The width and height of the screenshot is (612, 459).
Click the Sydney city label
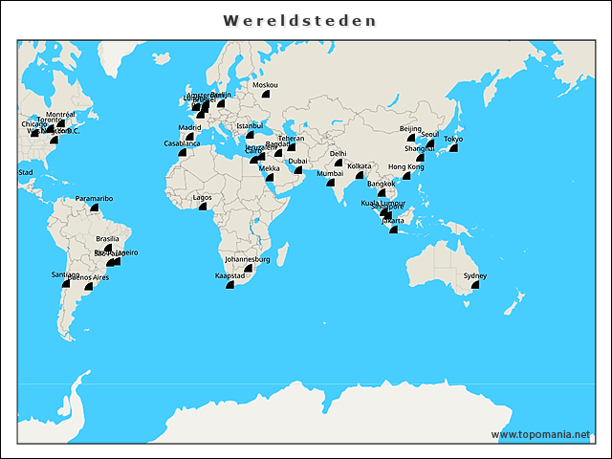coord(475,275)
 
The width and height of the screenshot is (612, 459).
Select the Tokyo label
coord(453,139)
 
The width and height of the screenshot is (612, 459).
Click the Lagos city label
coord(203,197)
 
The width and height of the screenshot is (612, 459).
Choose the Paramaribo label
coord(95,198)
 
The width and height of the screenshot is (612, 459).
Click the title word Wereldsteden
coord(299,20)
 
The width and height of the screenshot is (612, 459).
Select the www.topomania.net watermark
coord(540,434)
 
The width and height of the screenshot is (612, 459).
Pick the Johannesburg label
coord(248,259)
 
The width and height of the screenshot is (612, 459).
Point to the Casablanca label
coord(183,143)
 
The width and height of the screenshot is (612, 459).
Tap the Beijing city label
coord(410,128)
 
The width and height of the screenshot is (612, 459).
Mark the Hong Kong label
coord(405,166)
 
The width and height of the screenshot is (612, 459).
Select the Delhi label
coord(339,153)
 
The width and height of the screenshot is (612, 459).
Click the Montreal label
coord(60,114)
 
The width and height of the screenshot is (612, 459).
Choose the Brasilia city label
coord(108,239)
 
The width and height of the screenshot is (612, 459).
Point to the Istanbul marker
coord(250,135)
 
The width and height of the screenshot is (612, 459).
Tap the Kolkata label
coord(360,165)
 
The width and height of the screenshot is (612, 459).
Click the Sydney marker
coord(474,285)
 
